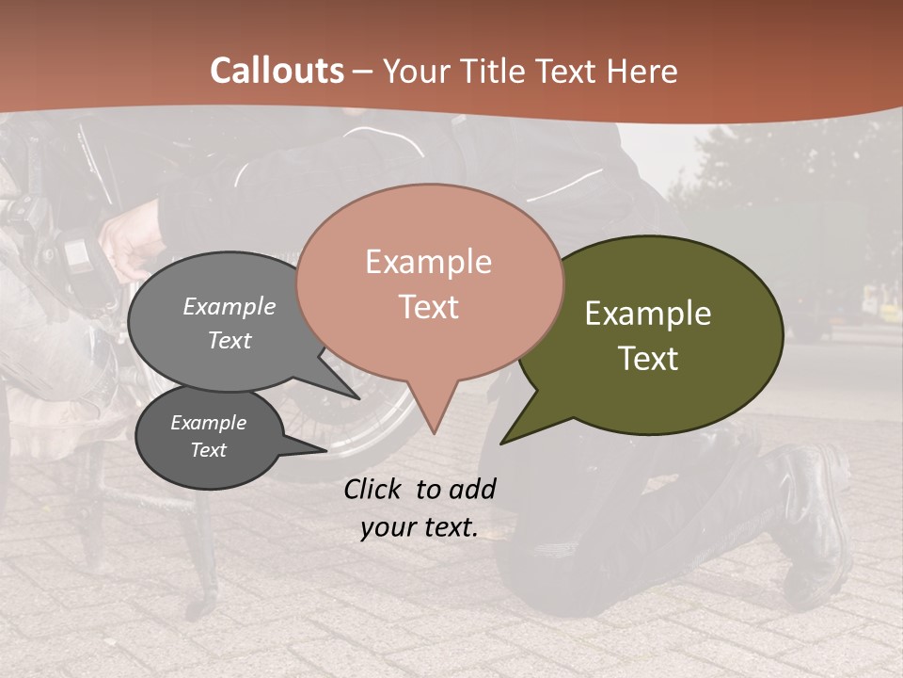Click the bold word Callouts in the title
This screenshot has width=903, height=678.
click(277, 71)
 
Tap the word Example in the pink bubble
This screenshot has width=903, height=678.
click(428, 262)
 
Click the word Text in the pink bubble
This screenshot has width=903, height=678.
click(428, 307)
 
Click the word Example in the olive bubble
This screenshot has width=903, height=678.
click(648, 314)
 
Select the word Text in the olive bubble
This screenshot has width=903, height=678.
click(648, 359)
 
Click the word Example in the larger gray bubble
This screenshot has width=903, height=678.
click(230, 307)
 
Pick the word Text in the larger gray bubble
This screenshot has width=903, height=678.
click(230, 341)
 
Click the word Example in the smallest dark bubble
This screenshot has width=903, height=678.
click(208, 423)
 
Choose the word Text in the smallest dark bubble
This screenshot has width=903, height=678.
click(208, 450)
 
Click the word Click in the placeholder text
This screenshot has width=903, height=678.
click(373, 489)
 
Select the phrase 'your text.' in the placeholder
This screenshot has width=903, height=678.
click(420, 528)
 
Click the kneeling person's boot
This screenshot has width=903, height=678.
click(811, 518)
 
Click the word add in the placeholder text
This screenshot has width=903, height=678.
click(472, 489)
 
